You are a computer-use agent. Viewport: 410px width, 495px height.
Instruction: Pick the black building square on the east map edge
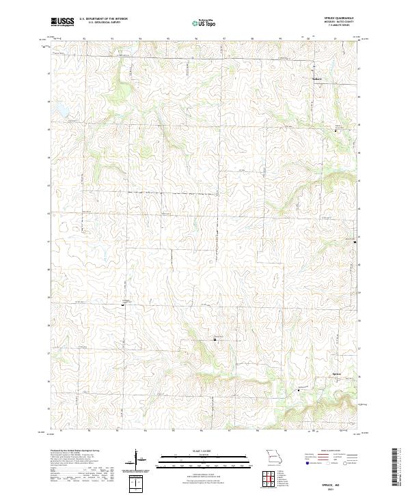click(x=355, y=242)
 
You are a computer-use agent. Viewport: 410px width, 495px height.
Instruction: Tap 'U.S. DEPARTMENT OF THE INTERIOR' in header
click(x=103, y=19)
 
